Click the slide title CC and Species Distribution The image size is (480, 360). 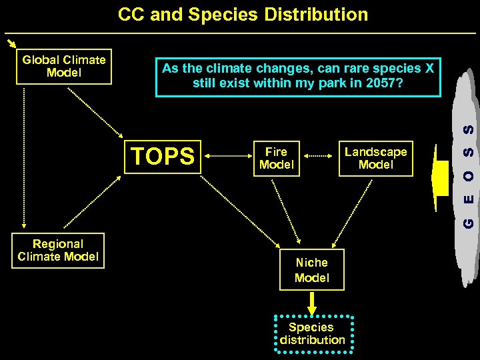point(243,15)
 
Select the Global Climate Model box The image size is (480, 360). point(64,67)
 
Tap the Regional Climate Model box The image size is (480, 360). point(58,251)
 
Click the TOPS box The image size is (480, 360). point(163,156)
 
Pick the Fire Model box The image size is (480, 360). point(276,159)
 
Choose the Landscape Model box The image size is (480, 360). point(375,159)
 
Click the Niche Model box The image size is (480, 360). point(312,270)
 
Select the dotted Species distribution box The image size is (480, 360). point(312,333)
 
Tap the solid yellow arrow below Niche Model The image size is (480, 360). point(311,302)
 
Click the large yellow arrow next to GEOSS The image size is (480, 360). point(440,178)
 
